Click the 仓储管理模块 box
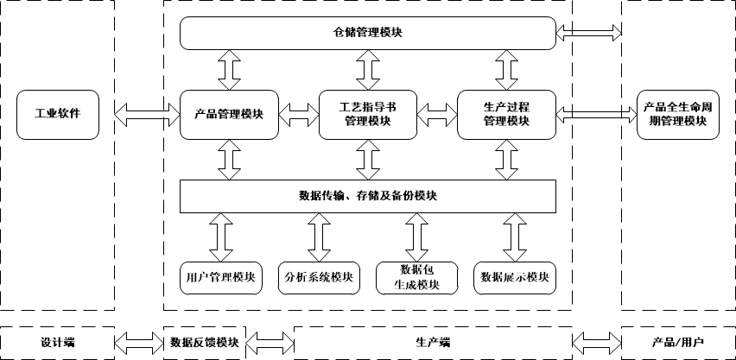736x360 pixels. point(367,33)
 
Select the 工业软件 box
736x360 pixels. point(57,114)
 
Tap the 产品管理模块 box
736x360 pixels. point(229,114)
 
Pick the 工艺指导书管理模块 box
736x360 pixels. point(367,114)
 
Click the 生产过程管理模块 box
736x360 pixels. point(505,114)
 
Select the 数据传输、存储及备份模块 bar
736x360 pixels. point(367,196)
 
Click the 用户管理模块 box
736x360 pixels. point(220,277)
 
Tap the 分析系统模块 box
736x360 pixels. point(319,277)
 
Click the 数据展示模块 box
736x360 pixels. point(515,277)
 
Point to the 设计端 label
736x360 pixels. point(57,342)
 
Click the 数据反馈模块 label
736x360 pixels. point(204,342)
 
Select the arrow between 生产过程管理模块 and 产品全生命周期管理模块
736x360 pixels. point(597,112)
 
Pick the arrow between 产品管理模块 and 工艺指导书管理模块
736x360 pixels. point(299,112)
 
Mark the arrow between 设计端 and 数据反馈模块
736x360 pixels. point(139,341)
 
